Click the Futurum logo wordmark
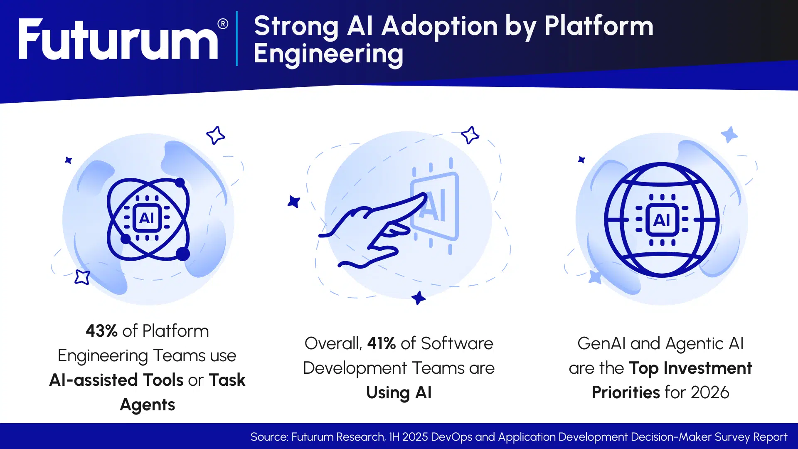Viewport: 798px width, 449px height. tap(118, 39)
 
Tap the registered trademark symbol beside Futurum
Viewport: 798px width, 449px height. tap(223, 24)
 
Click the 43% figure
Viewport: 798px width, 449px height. tap(101, 331)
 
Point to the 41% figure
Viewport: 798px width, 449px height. tap(382, 343)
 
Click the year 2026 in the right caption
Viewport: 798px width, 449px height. tap(710, 392)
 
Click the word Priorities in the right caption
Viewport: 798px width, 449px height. tap(626, 392)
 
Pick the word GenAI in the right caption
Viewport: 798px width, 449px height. tap(602, 343)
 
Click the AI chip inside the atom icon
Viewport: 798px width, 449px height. tap(147, 218)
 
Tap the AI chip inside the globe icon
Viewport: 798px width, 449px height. tap(662, 220)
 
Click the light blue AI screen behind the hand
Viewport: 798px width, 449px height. tap(435, 207)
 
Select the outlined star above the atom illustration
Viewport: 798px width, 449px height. tap(216, 135)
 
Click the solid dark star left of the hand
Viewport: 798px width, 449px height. tap(294, 202)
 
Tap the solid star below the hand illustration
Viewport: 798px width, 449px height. tap(418, 298)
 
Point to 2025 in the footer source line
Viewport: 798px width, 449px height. tap(415, 437)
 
